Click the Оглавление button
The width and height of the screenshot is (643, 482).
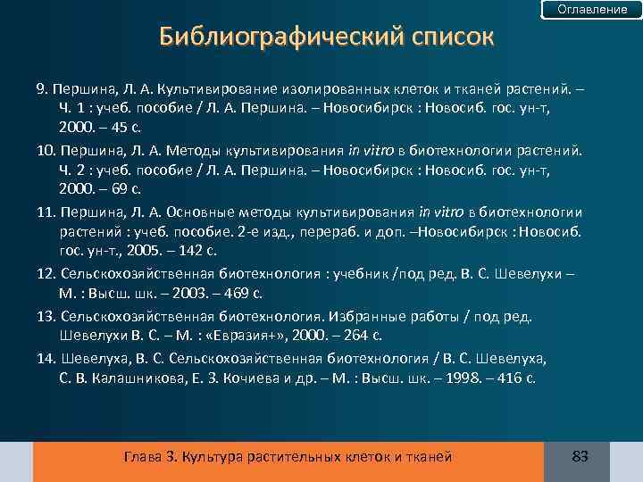coord(592,10)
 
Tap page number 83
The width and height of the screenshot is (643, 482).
coord(580,457)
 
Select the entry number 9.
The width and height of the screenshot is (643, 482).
coord(41,90)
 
